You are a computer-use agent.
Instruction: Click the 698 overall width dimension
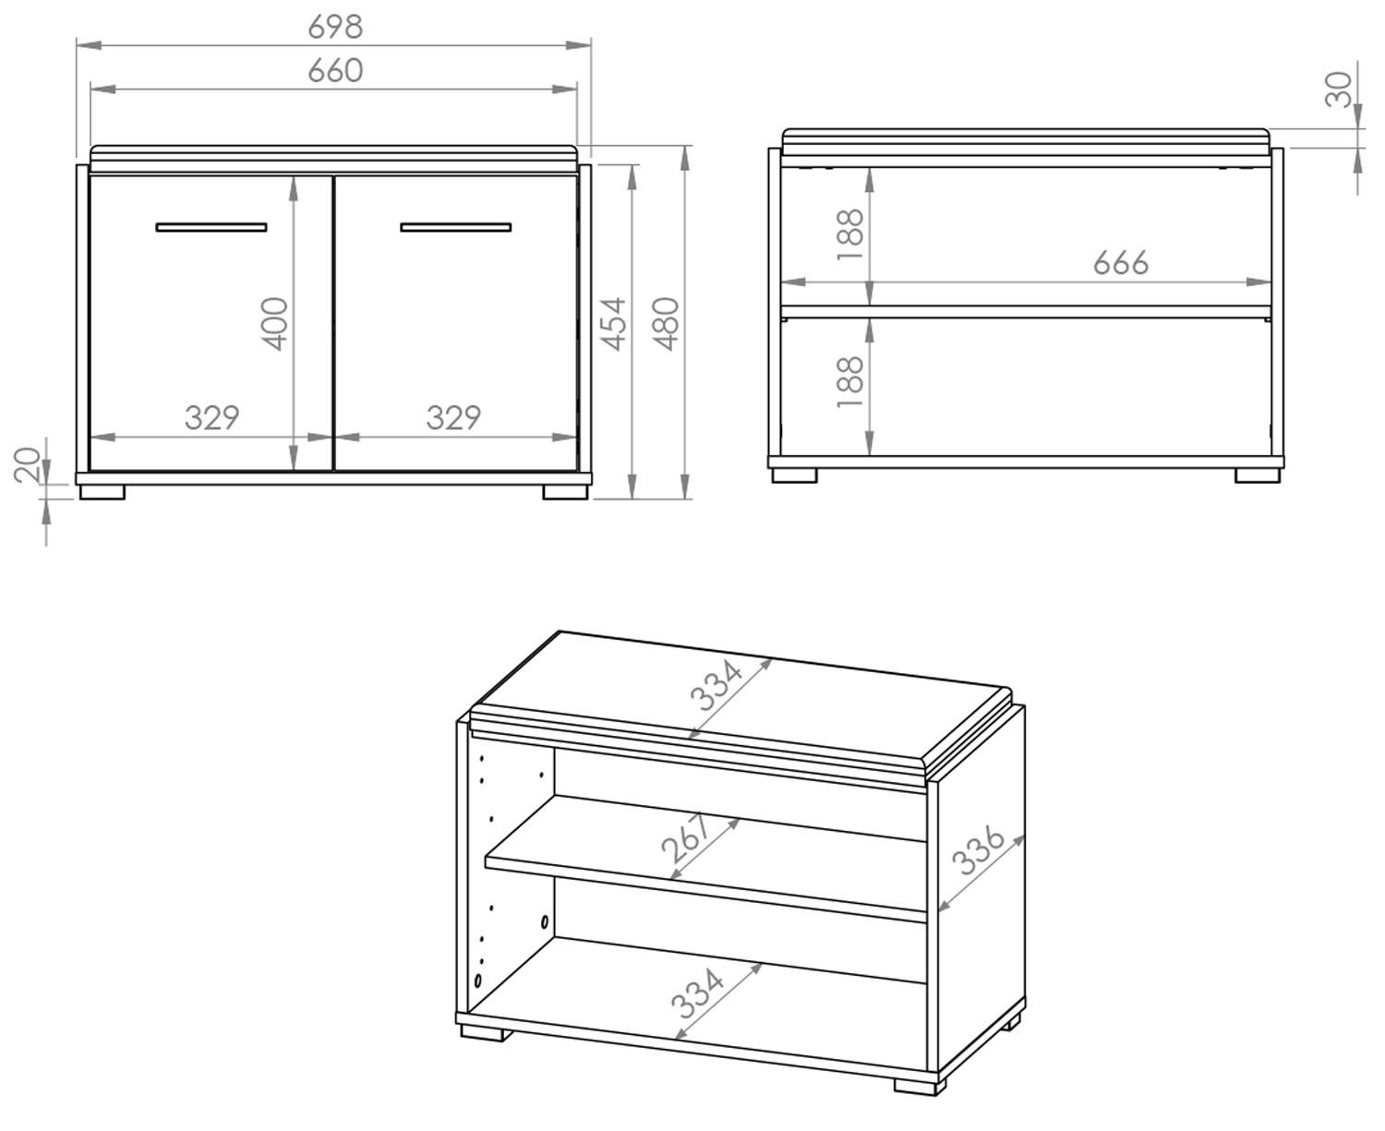(x=334, y=27)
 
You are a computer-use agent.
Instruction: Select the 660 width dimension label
(x=334, y=71)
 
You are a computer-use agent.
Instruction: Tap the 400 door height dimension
(x=276, y=323)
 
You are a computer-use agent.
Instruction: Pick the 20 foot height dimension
(x=29, y=464)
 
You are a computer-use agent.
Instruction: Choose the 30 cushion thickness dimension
(x=1339, y=90)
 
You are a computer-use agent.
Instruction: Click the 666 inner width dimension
(x=1121, y=263)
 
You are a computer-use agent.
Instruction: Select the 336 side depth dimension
(x=978, y=850)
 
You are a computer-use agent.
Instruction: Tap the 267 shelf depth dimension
(x=689, y=838)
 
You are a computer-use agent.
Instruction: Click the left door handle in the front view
(x=211, y=226)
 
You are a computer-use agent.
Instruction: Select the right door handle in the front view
(x=455, y=226)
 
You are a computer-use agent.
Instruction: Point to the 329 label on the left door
(x=211, y=418)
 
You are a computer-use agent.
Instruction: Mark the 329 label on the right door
(x=453, y=418)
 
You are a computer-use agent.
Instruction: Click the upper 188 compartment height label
(x=849, y=235)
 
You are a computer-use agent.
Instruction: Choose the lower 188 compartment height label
(x=849, y=382)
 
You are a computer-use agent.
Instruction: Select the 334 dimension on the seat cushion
(x=716, y=684)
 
